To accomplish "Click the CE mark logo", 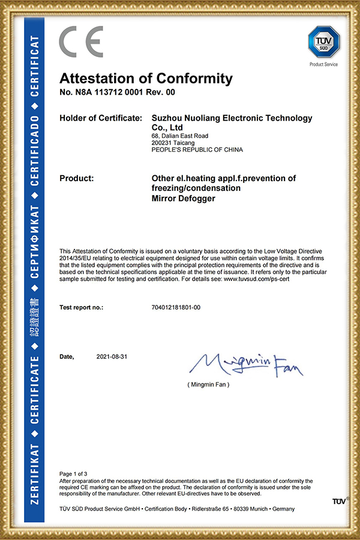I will coord(81,43).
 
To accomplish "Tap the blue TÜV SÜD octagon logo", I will coord(323,41).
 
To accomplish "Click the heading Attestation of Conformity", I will coord(146,79).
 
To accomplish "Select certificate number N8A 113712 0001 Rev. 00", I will coord(117,92).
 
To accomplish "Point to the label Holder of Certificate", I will coord(101,118).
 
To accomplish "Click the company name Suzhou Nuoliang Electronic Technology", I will coord(232,118).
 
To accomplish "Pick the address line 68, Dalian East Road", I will coord(180,136).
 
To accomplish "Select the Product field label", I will coord(76,178).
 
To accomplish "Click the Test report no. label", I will coord(82,307).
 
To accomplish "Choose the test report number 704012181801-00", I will coord(177,307).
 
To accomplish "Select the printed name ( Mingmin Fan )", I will coord(208,384).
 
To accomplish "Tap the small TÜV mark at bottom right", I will coord(339,500).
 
